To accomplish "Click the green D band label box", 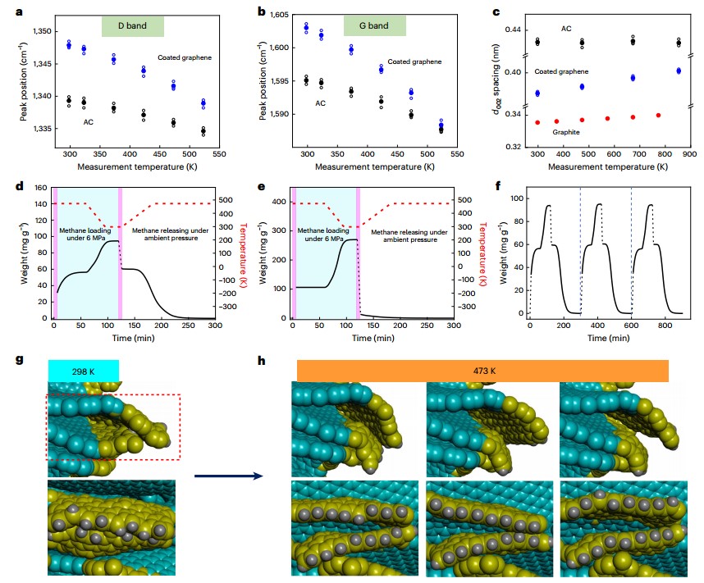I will click(133, 26).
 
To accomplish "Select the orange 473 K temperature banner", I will click(483, 371).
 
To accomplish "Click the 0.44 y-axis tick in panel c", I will click(513, 30).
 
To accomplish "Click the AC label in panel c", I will click(566, 29).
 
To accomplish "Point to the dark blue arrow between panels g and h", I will click(227, 475).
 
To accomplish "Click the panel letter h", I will click(261, 362).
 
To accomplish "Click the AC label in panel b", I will click(321, 103).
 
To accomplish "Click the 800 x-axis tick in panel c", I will click(662, 153).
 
